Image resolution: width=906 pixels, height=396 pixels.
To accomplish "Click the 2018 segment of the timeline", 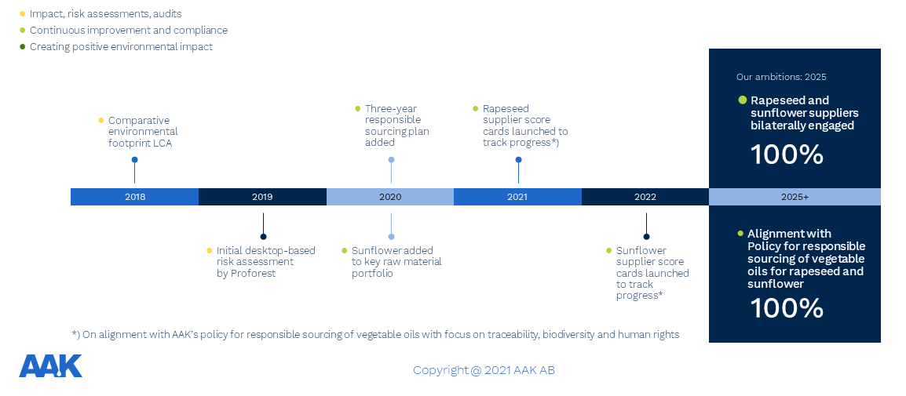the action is click(x=134, y=197).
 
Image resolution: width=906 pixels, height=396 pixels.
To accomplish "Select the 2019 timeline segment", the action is click(x=262, y=197).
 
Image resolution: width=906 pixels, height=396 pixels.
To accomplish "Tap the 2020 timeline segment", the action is click(x=390, y=197).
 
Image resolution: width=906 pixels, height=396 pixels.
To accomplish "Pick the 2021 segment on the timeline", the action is click(x=517, y=197).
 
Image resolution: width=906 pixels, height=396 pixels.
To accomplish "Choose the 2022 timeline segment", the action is click(x=645, y=197).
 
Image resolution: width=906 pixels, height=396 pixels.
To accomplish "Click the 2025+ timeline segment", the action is click(x=795, y=197).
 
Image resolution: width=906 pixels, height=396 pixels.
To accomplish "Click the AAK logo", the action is click(x=51, y=366).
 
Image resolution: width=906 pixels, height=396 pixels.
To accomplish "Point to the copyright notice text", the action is click(x=484, y=370).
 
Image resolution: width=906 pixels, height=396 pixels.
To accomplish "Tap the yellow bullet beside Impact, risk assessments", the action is click(x=23, y=13).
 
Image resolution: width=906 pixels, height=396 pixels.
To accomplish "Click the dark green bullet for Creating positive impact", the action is click(x=23, y=47).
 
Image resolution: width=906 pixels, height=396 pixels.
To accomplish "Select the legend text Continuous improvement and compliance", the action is click(x=129, y=30).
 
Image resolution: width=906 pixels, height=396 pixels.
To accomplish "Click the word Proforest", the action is click(x=253, y=273).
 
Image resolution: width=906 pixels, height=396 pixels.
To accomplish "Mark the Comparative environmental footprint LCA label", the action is click(x=143, y=132).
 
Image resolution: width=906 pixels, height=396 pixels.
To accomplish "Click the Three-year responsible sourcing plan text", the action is click(x=397, y=125).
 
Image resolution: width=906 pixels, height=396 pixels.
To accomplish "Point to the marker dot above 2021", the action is click(x=518, y=160).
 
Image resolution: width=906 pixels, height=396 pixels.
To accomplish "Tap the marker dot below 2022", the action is click(x=647, y=237).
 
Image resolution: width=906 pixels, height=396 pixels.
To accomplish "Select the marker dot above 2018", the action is click(x=134, y=160).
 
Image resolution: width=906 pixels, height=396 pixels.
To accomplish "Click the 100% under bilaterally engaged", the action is click(x=787, y=154).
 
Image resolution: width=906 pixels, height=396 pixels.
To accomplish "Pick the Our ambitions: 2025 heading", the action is click(x=781, y=77).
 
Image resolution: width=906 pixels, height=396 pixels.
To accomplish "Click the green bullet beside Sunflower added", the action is click(x=345, y=250).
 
